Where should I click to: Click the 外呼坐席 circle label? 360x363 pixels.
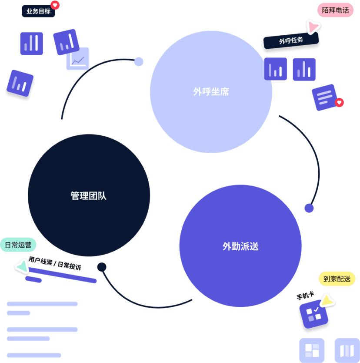click(211, 92)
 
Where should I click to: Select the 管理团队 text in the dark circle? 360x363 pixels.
click(89, 196)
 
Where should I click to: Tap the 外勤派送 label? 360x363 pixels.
click(240, 246)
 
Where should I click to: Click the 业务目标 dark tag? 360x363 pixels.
click(38, 11)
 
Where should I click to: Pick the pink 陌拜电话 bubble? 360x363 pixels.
click(335, 10)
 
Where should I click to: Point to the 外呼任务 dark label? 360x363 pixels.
click(291, 41)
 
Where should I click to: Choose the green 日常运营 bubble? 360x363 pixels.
click(18, 245)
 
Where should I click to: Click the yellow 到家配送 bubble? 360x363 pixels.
click(337, 279)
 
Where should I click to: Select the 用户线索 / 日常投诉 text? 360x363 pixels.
click(55, 264)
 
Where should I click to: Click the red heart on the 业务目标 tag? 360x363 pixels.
click(55, 5)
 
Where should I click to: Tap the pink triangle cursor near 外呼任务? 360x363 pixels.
click(313, 27)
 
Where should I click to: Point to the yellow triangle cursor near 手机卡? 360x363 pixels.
click(326, 301)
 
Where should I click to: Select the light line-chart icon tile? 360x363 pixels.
click(78, 59)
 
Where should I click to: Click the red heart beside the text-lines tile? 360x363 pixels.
click(340, 102)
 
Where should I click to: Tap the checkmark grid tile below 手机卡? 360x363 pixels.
click(313, 314)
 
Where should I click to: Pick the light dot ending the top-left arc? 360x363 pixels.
click(139, 62)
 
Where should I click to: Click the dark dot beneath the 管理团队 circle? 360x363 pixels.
click(102, 267)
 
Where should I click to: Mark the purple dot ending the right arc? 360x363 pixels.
click(309, 208)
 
